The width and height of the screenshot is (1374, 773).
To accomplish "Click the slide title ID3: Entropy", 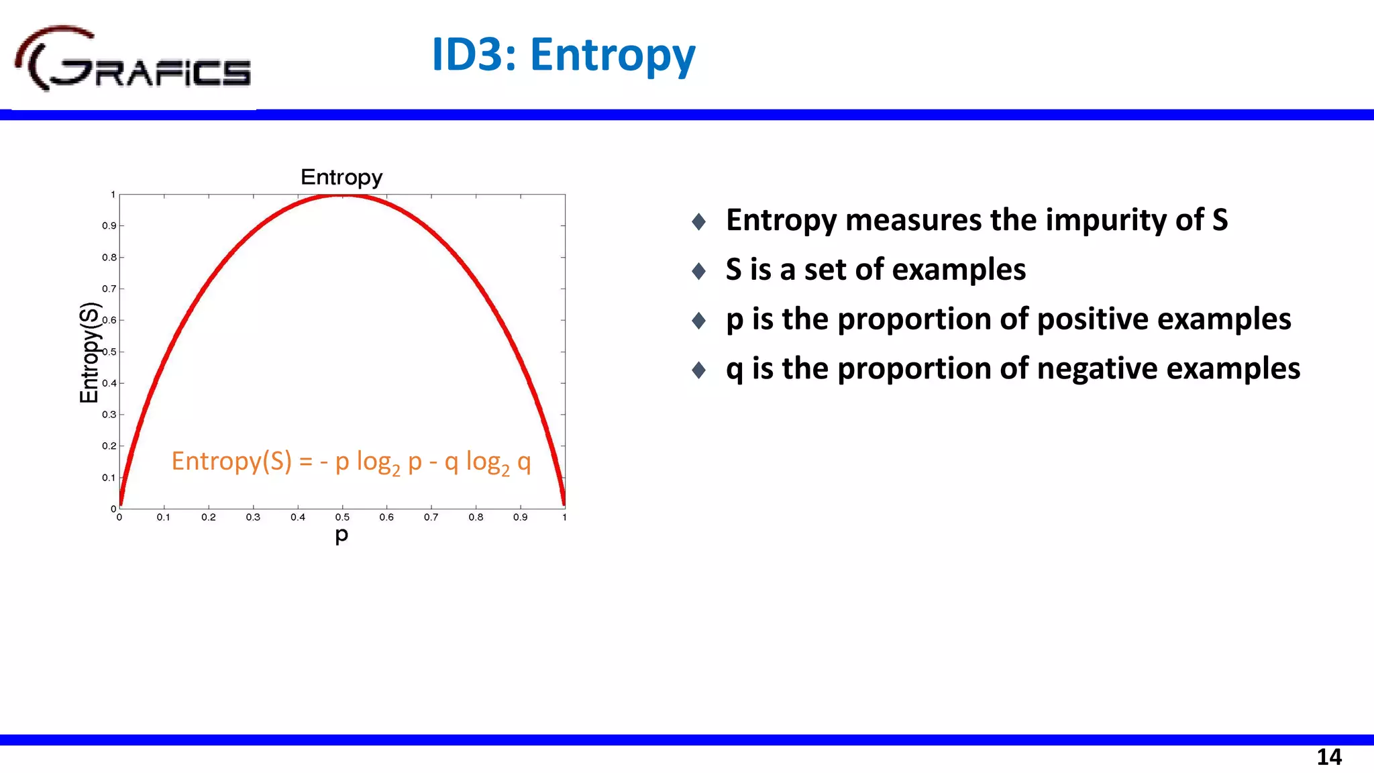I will [x=564, y=55].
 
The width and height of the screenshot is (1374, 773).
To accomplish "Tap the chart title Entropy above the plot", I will [x=341, y=177].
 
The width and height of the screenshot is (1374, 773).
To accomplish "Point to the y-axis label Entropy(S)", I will [x=89, y=353].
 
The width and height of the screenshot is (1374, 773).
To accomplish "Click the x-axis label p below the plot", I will [x=341, y=535].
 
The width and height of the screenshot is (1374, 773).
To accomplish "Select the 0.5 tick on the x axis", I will [x=342, y=517].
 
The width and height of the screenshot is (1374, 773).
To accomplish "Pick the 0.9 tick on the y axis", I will [x=109, y=226].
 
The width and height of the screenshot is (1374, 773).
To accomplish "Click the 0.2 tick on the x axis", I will [x=209, y=517].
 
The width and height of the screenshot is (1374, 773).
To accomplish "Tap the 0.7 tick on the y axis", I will [x=109, y=289].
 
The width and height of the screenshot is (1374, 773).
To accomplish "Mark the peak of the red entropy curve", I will [x=342, y=195].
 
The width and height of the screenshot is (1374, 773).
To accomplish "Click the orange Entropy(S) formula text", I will [x=351, y=462].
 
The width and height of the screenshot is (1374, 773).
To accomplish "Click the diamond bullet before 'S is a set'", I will [x=698, y=271].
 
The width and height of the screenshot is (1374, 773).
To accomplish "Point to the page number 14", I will [x=1328, y=757].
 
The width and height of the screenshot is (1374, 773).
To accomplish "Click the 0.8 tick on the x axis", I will [x=476, y=517].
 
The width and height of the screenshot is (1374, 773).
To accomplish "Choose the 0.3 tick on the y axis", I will [x=109, y=415].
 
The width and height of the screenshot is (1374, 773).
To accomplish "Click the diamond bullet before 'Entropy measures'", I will [x=698, y=221].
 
